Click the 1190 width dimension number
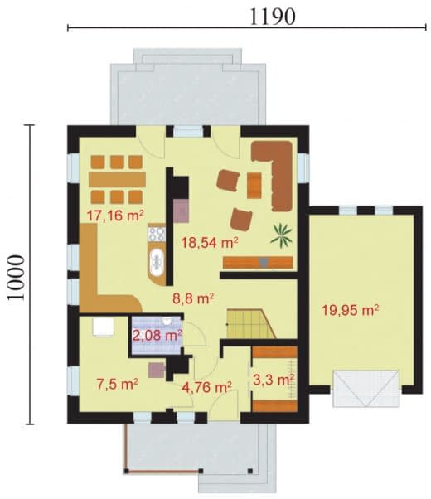click(273, 17)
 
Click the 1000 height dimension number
click(16, 278)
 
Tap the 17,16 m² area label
click(115, 216)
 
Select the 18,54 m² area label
click(210, 243)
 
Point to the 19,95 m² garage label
click(350, 310)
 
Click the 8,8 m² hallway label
click(193, 298)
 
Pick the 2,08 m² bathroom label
click(157, 336)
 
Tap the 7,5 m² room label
click(117, 384)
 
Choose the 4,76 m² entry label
click(206, 387)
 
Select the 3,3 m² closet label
click(274, 380)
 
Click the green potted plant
click(281, 235)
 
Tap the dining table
click(117, 180)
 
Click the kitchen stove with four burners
click(157, 234)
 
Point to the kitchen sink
click(157, 262)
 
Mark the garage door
click(366, 389)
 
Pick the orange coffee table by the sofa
click(254, 185)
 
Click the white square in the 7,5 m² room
click(103, 327)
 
